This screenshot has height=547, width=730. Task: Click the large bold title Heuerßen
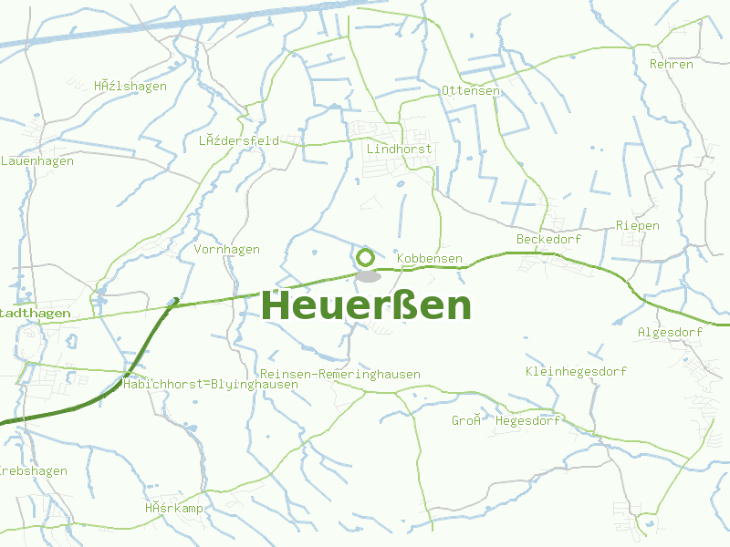point(367,305)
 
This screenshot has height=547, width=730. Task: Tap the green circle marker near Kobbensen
point(366,257)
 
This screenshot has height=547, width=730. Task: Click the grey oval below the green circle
point(368,276)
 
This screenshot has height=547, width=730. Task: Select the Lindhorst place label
point(399,149)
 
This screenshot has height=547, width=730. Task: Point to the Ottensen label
point(470,91)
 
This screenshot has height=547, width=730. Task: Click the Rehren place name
point(671,65)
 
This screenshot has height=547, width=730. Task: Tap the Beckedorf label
point(548,239)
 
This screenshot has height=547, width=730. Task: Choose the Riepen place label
point(637,225)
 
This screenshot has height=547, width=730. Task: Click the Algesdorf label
point(670,333)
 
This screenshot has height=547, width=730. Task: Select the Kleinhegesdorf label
point(576,371)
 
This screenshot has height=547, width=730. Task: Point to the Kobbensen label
point(429,260)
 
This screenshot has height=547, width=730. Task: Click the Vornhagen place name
point(226,250)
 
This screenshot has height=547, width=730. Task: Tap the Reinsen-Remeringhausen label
point(339,375)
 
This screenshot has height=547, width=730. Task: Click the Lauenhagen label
point(36,161)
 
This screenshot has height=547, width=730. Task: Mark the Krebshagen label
point(33,471)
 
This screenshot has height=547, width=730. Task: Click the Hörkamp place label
point(172,508)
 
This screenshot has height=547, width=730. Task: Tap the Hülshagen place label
point(130,87)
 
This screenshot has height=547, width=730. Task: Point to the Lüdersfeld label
point(238,141)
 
